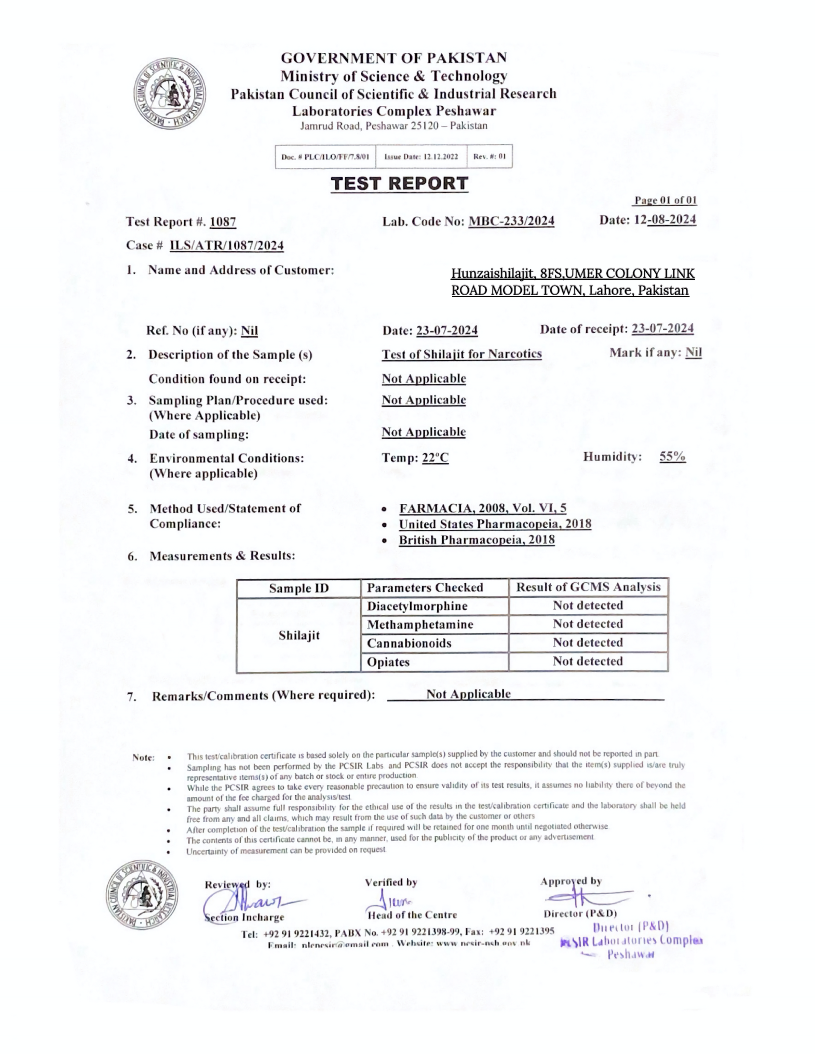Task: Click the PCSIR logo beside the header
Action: [x=169, y=93]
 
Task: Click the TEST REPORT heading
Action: [x=399, y=184]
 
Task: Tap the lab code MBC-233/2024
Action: [x=511, y=221]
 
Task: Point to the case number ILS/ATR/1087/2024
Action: [x=226, y=246]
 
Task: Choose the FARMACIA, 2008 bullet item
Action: [x=482, y=508]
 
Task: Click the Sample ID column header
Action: [x=298, y=588]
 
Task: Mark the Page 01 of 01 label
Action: [x=665, y=200]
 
